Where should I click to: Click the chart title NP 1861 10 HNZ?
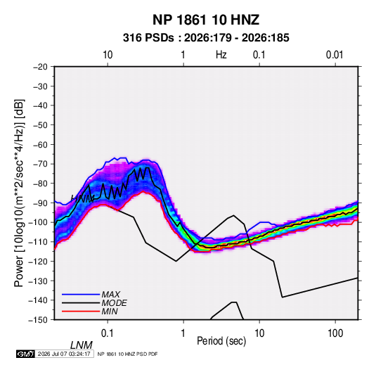tap(206, 20)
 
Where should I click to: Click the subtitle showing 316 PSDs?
tap(206, 38)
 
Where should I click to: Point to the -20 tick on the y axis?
tap(40, 67)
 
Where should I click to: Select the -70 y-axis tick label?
tap(40, 164)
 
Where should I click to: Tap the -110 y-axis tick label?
tap(38, 242)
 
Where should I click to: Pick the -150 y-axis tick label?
tap(38, 320)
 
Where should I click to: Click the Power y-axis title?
tap(19, 193)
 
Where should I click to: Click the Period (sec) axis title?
tap(221, 341)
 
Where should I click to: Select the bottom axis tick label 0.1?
tap(108, 333)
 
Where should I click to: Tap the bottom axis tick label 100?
tap(335, 333)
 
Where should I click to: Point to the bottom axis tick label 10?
tap(259, 333)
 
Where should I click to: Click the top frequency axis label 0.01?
tap(335, 55)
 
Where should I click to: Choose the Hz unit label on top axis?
tap(221, 55)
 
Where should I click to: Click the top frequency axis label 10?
tap(108, 55)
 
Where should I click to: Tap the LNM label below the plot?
tap(82, 345)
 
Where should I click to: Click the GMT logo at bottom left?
tap(25, 354)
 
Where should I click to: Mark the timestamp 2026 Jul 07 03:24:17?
tap(64, 354)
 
